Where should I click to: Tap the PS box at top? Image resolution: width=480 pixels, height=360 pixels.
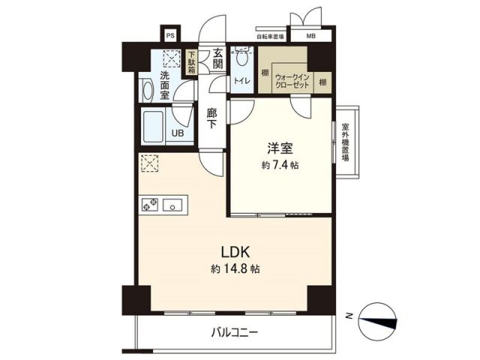[x=170, y=35]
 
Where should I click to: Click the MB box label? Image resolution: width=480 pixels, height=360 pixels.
[x=310, y=35]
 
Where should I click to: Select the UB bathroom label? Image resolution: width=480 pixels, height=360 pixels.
[x=178, y=133]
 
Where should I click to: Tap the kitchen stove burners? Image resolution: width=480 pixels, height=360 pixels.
[x=148, y=204]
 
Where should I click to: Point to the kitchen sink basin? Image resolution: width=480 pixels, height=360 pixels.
[x=174, y=204]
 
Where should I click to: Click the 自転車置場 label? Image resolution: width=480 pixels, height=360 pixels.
[x=269, y=35]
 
